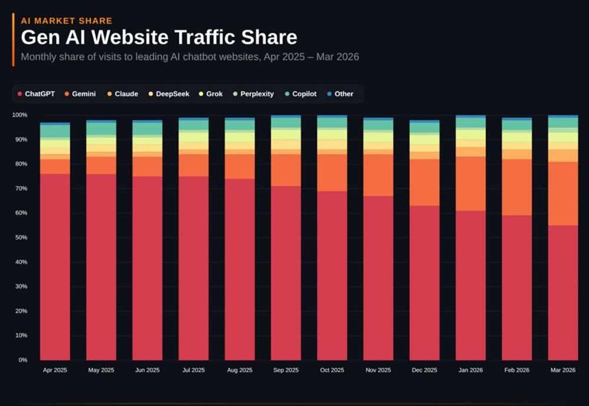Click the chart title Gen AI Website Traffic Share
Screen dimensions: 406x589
click(x=159, y=38)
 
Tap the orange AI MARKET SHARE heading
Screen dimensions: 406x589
click(x=66, y=21)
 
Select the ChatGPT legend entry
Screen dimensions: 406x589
click(x=37, y=94)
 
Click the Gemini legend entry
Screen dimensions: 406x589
click(x=80, y=94)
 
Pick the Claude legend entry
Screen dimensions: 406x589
click(x=123, y=94)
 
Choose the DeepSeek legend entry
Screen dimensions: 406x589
click(x=168, y=94)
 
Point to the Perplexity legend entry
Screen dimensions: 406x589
click(x=254, y=94)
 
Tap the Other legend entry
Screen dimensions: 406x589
click(x=340, y=94)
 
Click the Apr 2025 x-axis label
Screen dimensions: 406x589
click(x=55, y=370)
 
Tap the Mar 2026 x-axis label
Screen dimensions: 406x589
click(x=562, y=370)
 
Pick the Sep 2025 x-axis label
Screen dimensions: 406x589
click(x=286, y=370)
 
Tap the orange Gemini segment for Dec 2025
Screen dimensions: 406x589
click(x=424, y=182)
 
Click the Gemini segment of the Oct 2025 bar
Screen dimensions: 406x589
click(x=332, y=172)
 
